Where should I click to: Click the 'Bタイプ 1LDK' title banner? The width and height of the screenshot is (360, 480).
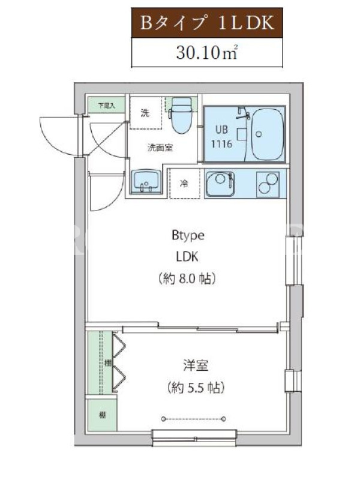tap(207, 23)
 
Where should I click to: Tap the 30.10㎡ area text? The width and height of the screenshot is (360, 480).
tap(207, 53)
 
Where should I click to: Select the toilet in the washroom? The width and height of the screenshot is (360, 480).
tap(182, 115)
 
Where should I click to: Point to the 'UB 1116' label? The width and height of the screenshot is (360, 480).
tap(221, 137)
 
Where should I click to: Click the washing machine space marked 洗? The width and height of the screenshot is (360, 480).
tap(146, 113)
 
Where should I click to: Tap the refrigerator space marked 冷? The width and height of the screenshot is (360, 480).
tap(185, 184)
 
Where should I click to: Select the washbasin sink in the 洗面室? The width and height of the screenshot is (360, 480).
tap(146, 182)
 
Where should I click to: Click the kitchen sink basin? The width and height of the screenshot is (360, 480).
tap(220, 183)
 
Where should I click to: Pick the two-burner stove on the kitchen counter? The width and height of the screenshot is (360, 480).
tap(268, 183)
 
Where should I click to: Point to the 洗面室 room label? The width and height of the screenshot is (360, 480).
tap(160, 148)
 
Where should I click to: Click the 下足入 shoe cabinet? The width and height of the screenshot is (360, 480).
tap(106, 106)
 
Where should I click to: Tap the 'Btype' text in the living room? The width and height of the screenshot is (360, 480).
tap(188, 236)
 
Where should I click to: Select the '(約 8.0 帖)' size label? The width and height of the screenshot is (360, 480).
tap(187, 278)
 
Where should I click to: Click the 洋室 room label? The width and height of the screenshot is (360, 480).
tap(196, 365)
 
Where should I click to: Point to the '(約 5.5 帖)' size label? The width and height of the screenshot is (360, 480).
tap(196, 388)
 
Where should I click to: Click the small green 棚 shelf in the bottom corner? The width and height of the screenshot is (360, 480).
tap(102, 415)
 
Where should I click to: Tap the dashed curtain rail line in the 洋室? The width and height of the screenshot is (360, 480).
tap(194, 418)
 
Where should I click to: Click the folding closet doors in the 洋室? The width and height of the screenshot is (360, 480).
tap(119, 363)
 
